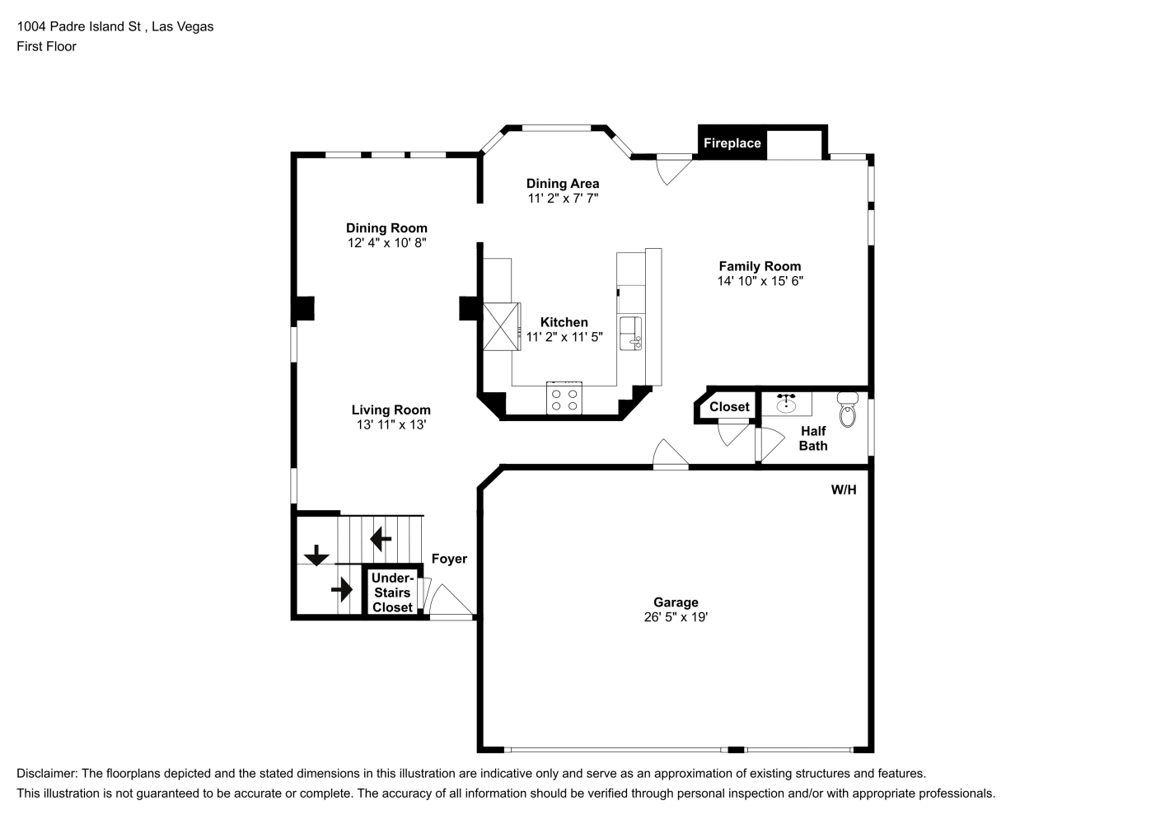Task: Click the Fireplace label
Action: point(732,143)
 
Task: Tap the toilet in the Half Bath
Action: point(848,410)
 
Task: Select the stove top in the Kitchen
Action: point(564,399)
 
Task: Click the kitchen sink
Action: point(630,334)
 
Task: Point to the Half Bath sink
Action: point(786,404)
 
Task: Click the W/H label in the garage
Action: point(844,489)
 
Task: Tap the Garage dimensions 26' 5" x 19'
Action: point(676,617)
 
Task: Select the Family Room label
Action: point(760,266)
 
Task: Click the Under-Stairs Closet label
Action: point(392,592)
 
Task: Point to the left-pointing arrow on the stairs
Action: point(381,539)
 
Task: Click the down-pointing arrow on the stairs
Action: point(316,555)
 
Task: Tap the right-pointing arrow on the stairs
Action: point(342,589)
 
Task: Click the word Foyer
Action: point(449,559)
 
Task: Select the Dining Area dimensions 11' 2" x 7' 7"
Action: point(563,199)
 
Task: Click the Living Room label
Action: point(391,410)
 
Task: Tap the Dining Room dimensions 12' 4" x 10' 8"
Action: point(387,243)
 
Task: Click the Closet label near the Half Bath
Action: point(729,407)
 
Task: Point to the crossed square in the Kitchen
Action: point(502,326)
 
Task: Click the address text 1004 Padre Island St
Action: point(78,26)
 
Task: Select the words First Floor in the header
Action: point(46,46)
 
